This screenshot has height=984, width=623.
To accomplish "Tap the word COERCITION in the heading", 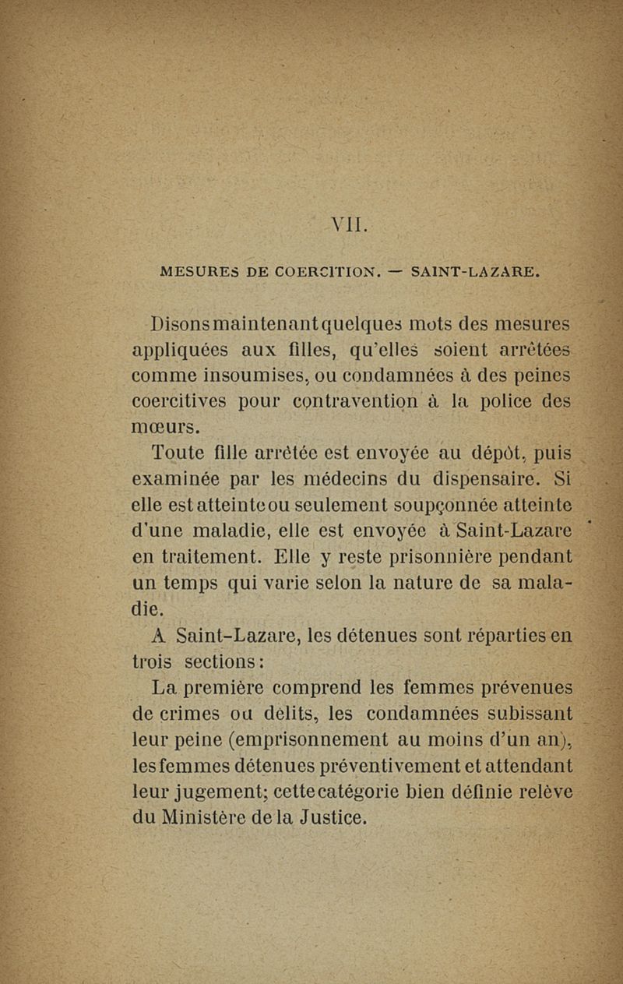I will (x=317, y=273).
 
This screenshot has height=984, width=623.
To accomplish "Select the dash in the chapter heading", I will (x=395, y=273).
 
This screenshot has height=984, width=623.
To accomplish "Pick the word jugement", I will (x=216, y=794).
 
